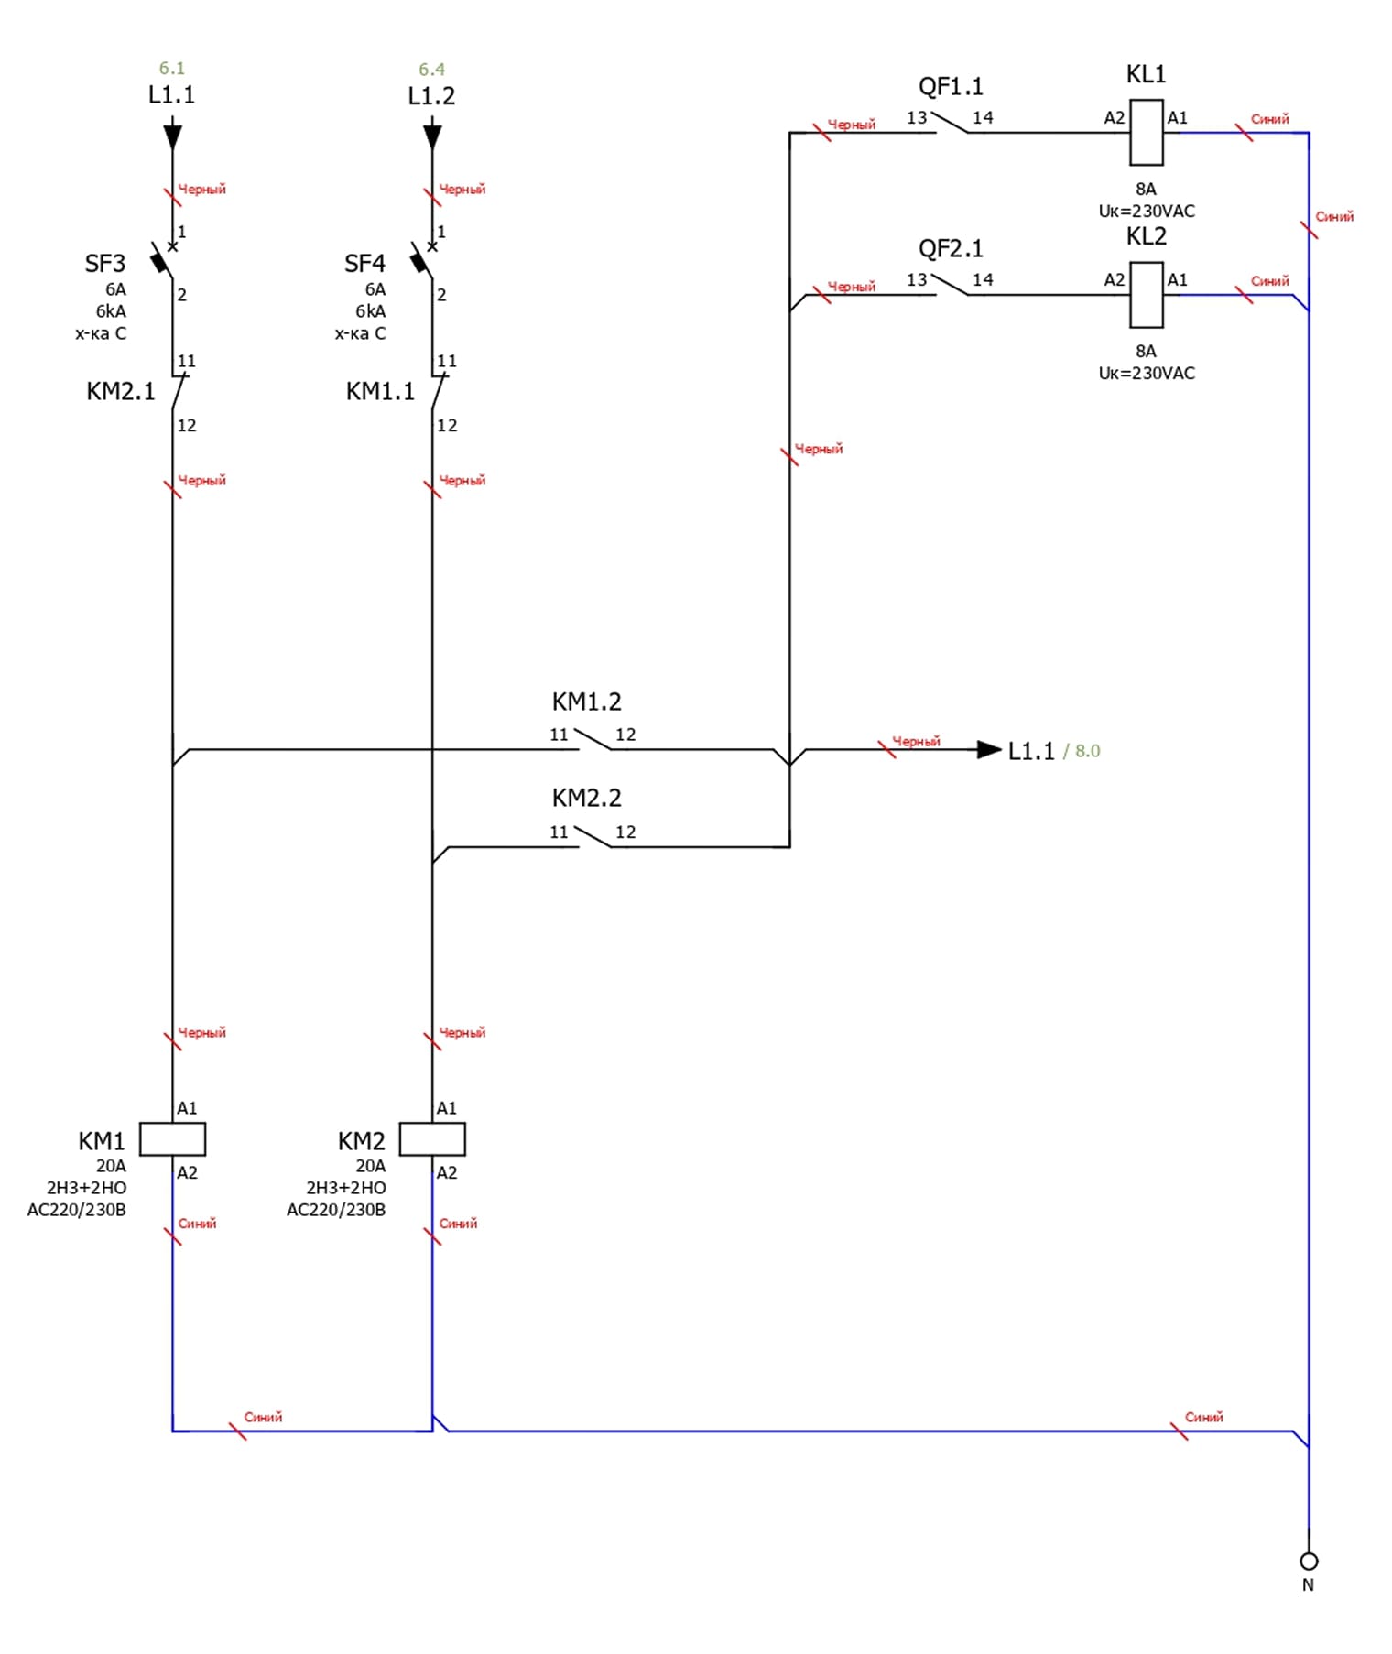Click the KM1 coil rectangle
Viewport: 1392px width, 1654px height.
(x=172, y=1139)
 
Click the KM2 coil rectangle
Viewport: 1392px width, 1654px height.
(x=432, y=1139)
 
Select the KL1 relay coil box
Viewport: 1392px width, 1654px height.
(x=1147, y=133)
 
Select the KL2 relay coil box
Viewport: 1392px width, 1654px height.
(x=1147, y=295)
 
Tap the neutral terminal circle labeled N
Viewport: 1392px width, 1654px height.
(x=1309, y=1561)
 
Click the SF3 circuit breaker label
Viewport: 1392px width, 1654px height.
(x=105, y=264)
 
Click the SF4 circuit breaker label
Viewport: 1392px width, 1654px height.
(x=364, y=264)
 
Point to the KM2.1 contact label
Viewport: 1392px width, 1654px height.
(x=121, y=392)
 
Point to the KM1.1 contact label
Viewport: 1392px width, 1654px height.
(x=380, y=392)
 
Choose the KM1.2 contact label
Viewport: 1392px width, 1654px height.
(x=586, y=702)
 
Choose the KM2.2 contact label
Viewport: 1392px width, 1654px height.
(x=586, y=799)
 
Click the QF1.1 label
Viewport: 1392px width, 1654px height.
(x=951, y=87)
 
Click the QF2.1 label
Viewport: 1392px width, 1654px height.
(x=951, y=249)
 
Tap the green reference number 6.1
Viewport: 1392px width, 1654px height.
(x=172, y=69)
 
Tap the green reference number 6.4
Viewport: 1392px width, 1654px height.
(x=431, y=70)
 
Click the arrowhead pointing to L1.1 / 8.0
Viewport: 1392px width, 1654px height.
(x=988, y=750)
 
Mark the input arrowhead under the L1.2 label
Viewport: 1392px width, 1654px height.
(x=432, y=136)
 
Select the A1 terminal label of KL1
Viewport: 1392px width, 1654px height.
(x=1177, y=118)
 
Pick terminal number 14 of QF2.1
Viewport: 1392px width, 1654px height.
(x=983, y=280)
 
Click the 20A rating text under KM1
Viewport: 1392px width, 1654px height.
(x=112, y=1166)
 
